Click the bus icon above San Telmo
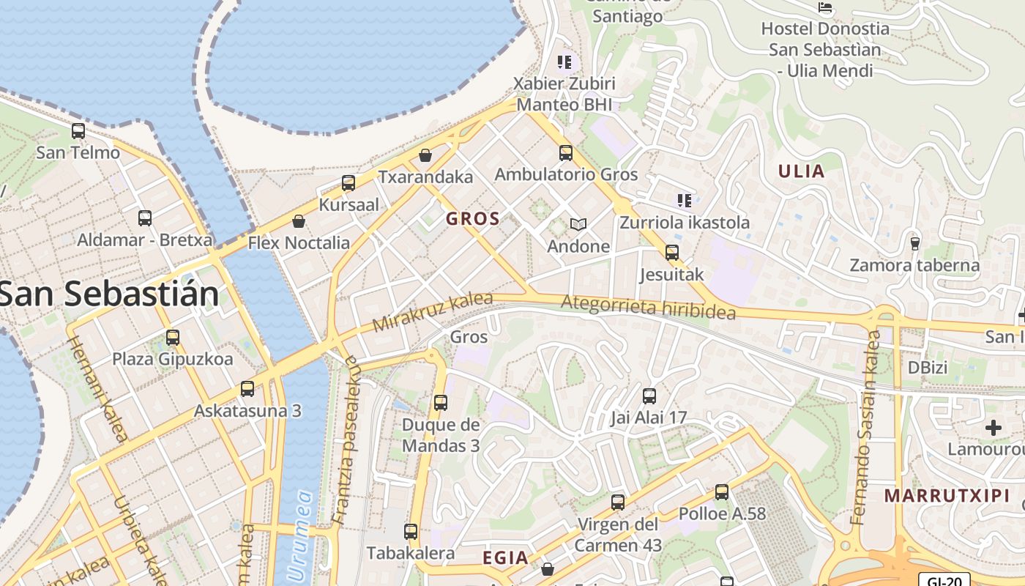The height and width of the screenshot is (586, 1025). pos(78,132)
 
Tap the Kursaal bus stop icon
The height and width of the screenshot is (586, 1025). pos(348,183)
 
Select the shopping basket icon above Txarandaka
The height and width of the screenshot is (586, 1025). pos(425,155)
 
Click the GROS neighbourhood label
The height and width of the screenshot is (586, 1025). pos(473,218)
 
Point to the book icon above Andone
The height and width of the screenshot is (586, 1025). pos(578,224)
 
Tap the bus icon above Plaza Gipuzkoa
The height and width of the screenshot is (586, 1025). pos(173,338)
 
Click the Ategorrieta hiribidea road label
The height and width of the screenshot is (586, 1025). pos(648,307)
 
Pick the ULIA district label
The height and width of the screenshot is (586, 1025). pos(801,172)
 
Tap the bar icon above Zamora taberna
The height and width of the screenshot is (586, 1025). pos(914,243)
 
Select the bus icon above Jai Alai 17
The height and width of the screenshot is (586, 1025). pos(649,396)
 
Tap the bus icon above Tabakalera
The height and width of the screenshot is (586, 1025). pos(411,532)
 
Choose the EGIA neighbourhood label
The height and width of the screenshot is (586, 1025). pos(505,558)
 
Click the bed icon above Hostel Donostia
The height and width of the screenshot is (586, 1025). pos(825,8)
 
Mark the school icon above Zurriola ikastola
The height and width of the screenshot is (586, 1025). pos(685,201)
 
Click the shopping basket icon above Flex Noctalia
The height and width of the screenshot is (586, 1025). pos(299,221)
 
